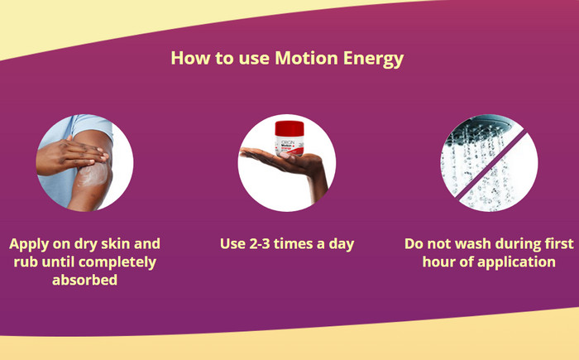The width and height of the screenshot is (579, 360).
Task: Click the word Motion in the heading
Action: pos(306,58)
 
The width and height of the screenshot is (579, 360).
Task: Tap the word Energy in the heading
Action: pos(373,59)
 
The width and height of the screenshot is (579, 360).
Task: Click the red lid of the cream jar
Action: pos(289,129)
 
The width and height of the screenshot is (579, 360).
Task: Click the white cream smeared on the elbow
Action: pos(93,174)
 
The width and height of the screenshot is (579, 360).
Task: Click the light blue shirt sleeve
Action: pos(93,125)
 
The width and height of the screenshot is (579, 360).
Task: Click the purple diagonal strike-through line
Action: pos(491,166)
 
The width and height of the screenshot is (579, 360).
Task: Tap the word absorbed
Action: pos(85,280)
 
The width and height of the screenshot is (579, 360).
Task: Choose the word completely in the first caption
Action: pos(117,262)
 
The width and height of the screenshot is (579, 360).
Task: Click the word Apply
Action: pos(29,245)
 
